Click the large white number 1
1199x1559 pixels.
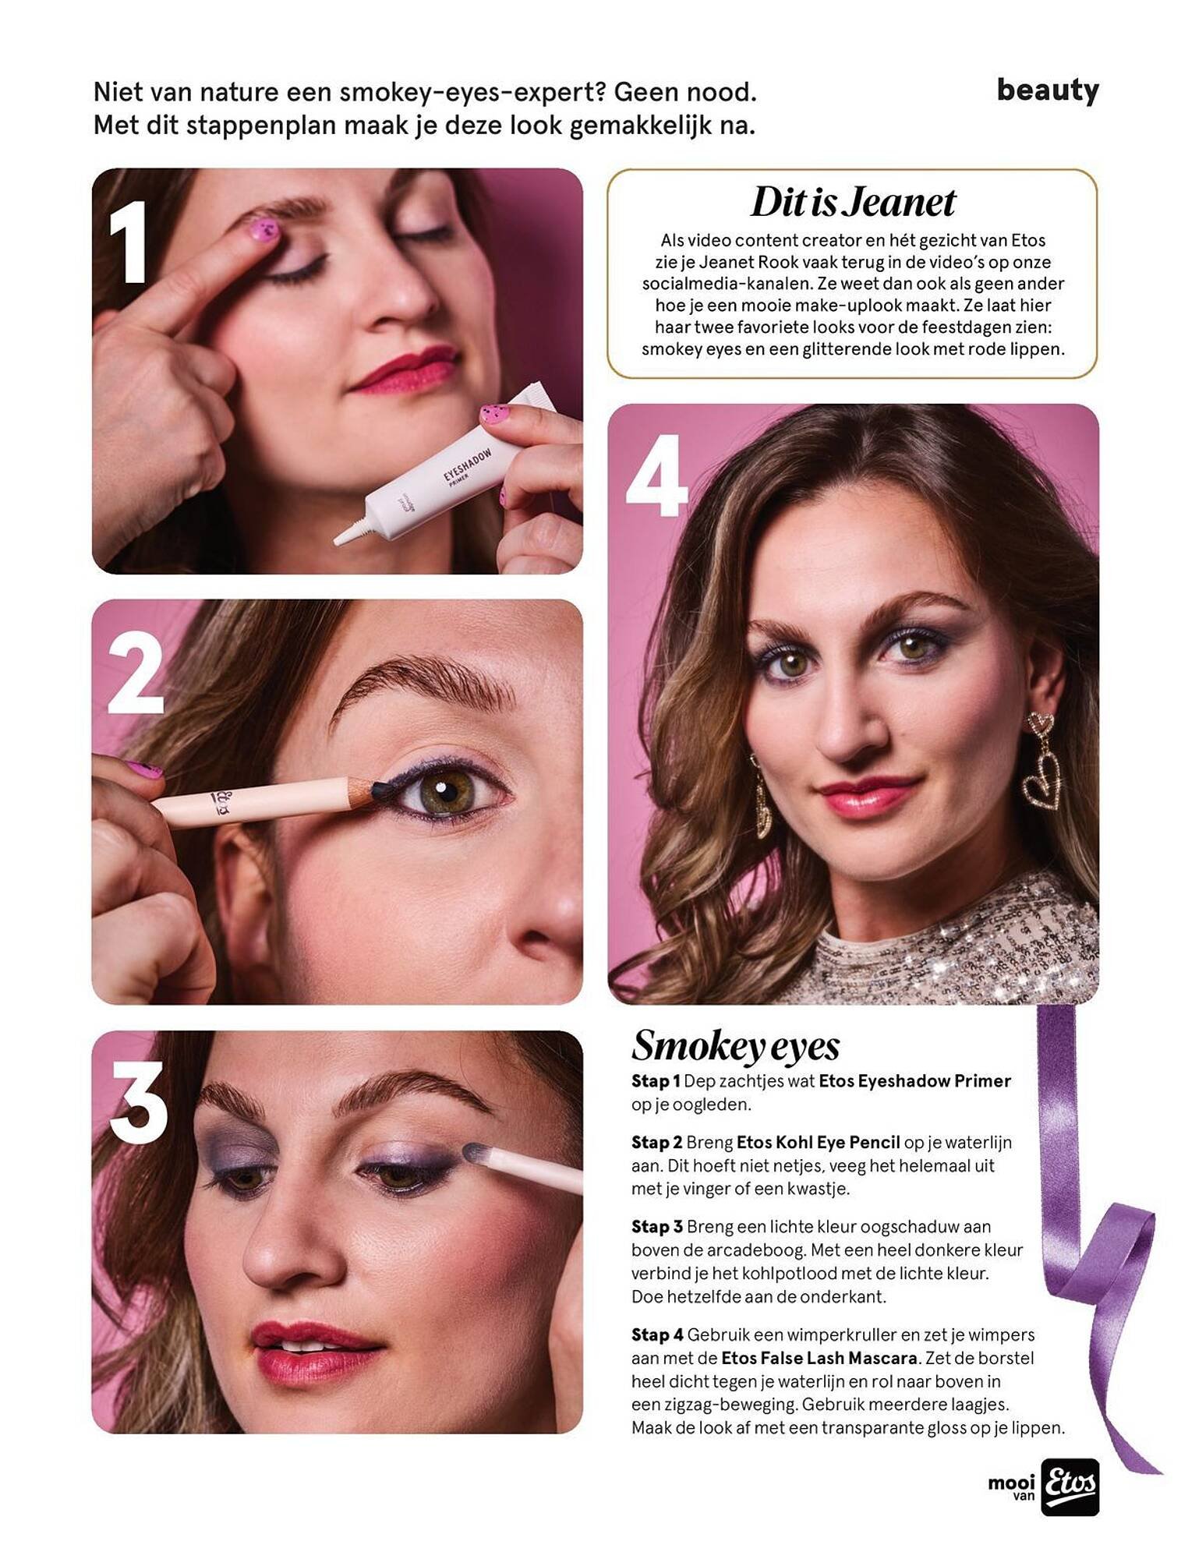point(129,242)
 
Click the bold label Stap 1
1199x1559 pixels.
point(656,1081)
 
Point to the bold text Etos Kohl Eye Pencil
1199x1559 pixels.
point(818,1143)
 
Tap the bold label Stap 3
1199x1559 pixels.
point(657,1227)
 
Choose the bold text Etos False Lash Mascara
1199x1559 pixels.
point(819,1358)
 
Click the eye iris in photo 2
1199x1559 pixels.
point(442,792)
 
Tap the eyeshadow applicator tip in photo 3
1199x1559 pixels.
point(475,1152)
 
